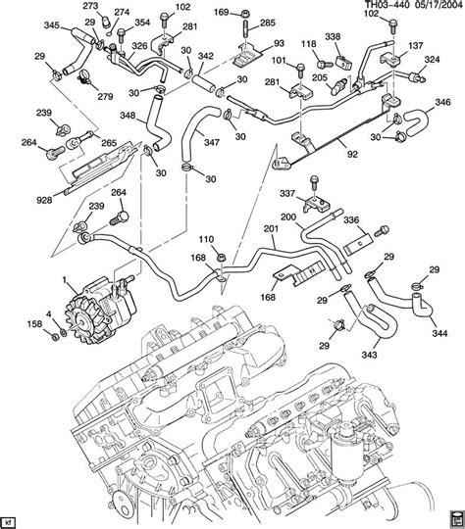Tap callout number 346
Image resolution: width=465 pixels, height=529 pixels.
(443, 101)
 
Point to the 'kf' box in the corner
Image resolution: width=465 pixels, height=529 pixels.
(11, 519)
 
